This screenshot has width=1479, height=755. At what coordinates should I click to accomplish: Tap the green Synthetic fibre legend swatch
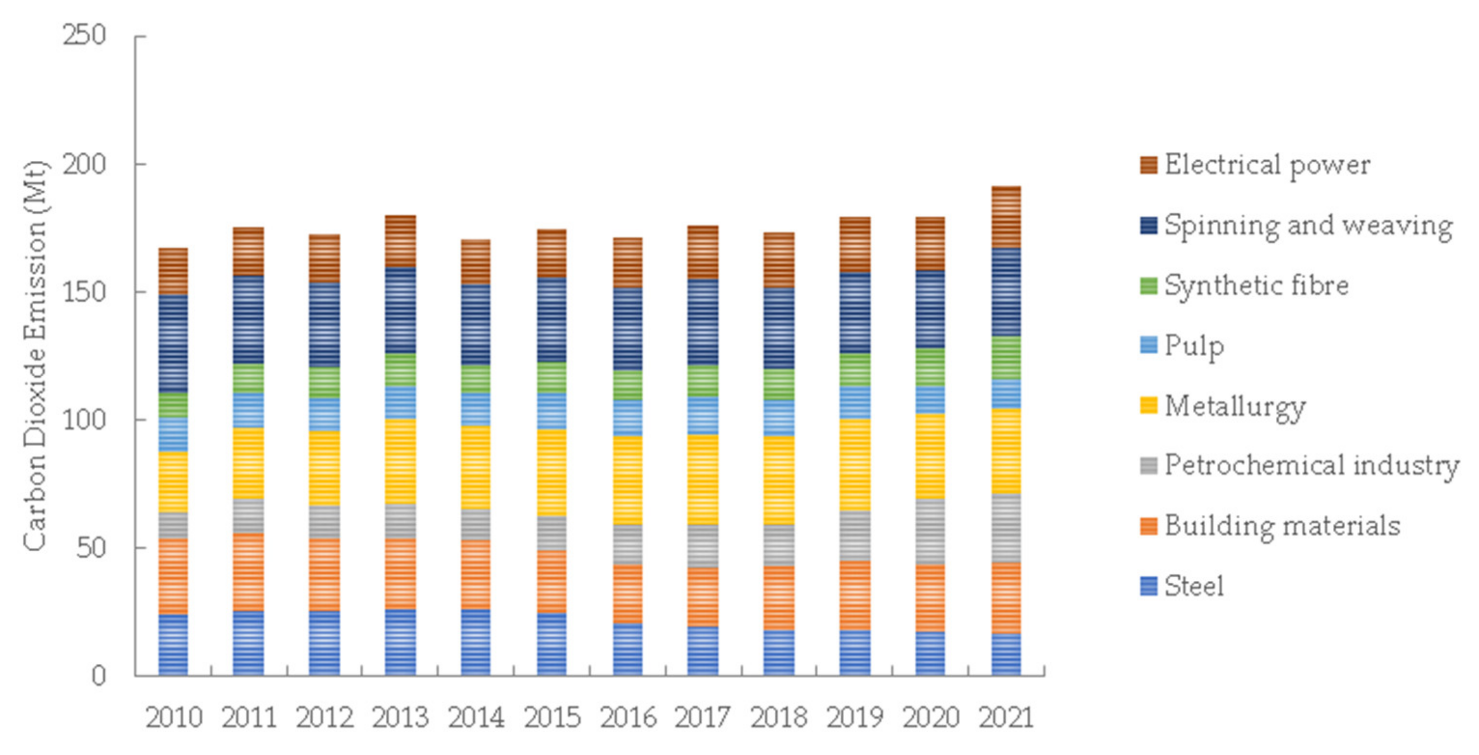pyautogui.click(x=1148, y=285)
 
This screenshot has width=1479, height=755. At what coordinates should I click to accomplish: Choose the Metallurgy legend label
pyautogui.click(x=1235, y=406)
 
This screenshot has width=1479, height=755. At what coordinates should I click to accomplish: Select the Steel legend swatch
pyautogui.click(x=1148, y=586)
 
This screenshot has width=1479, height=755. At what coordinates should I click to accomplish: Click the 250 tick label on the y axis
pyautogui.click(x=84, y=36)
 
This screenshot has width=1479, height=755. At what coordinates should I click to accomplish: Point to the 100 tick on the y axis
pyautogui.click(x=84, y=419)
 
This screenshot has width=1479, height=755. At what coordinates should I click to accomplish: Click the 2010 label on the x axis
pyautogui.click(x=173, y=718)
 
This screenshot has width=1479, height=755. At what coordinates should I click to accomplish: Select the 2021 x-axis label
pyautogui.click(x=1006, y=718)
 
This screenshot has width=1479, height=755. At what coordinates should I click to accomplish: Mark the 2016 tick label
pyautogui.click(x=628, y=718)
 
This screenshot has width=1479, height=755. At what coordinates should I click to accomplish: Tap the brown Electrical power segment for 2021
pyautogui.click(x=1006, y=217)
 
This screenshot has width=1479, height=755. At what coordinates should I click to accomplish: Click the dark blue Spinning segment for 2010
pyautogui.click(x=173, y=343)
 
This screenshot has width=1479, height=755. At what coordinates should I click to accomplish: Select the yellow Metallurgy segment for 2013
pyautogui.click(x=400, y=461)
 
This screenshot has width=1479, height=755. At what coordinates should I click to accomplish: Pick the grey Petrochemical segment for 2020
pyautogui.click(x=930, y=531)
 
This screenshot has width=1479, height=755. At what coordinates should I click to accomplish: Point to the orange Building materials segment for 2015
pyautogui.click(x=552, y=581)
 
